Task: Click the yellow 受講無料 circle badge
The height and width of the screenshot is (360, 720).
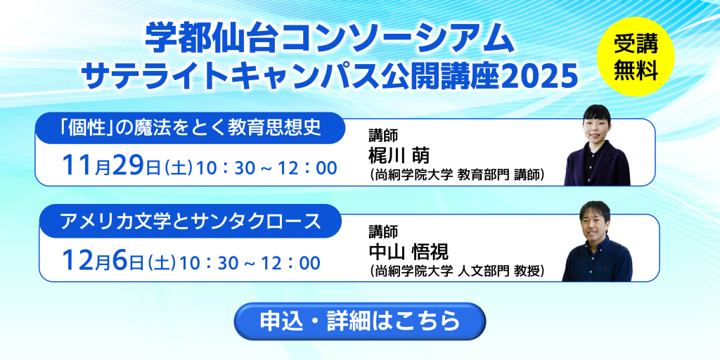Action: [636, 56]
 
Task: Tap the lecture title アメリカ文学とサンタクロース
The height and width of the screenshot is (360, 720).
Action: [190, 221]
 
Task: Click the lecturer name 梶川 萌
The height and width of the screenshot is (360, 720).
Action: [399, 156]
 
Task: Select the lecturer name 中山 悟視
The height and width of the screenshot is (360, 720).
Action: [409, 251]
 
